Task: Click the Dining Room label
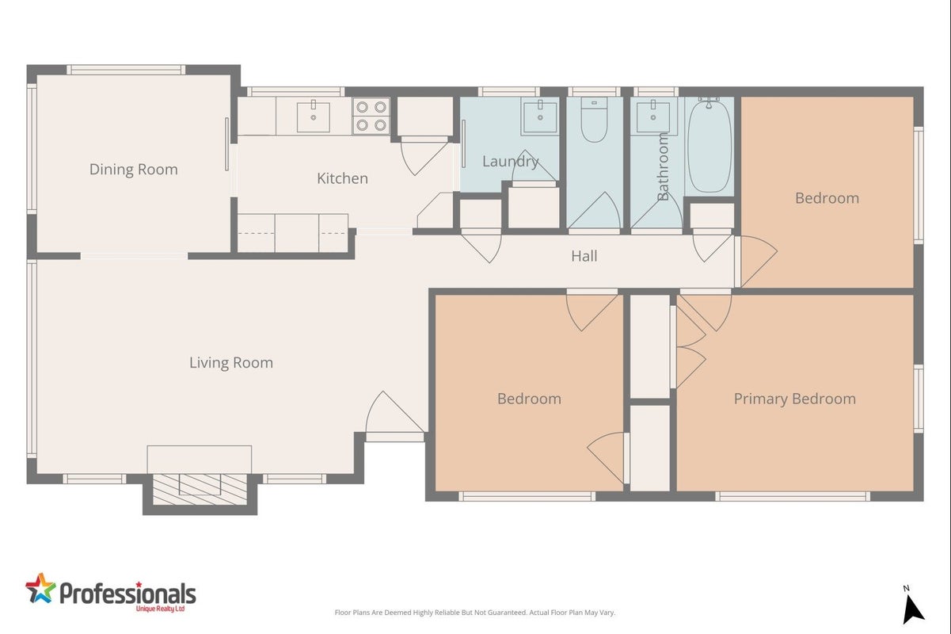point(133,169)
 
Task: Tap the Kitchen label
point(342,178)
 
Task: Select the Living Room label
point(231,362)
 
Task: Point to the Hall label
point(584,256)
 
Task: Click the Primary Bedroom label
point(795,399)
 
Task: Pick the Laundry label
point(510,161)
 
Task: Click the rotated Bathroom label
point(663,166)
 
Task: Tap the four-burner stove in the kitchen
point(371,116)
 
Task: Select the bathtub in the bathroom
point(709,145)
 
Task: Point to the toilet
point(594,120)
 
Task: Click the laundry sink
point(540,116)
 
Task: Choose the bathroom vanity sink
point(653,116)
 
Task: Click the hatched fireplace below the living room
point(200,490)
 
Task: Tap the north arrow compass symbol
point(913,606)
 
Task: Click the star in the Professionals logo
point(40,588)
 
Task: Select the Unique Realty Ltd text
point(161,609)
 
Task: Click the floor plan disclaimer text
point(474,613)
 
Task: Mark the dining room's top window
point(126,70)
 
